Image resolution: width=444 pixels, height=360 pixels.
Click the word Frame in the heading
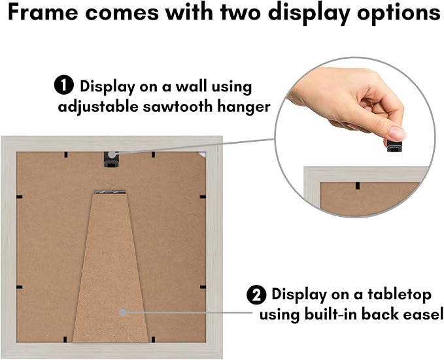[x=43, y=12]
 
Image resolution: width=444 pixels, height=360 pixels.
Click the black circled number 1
[x=64, y=86]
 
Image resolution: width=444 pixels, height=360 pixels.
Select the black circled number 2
[x=256, y=295]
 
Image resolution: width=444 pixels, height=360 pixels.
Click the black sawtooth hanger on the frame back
[x=111, y=159]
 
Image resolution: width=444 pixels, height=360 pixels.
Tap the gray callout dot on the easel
[x=123, y=312]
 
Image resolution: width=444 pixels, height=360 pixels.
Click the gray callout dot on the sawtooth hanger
[x=112, y=155]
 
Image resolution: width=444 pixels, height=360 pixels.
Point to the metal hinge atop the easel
[x=110, y=192]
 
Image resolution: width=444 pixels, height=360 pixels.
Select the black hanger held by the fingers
[x=394, y=146]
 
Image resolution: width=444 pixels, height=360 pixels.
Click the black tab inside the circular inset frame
[x=358, y=186]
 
